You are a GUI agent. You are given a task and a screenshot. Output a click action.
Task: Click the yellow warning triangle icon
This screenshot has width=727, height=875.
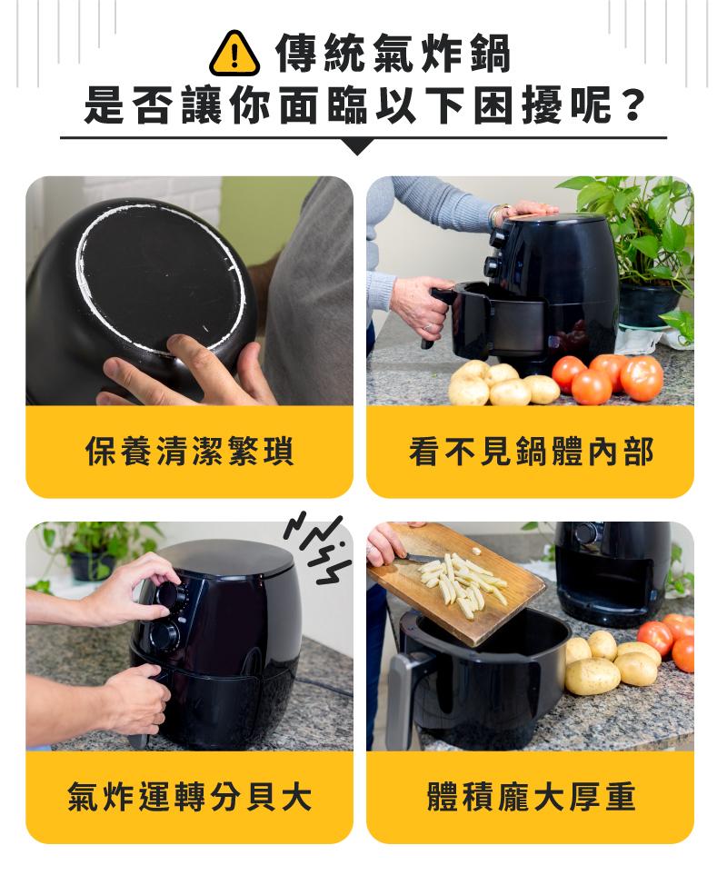click(x=234, y=55)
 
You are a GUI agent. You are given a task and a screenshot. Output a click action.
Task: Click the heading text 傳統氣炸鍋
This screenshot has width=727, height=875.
click(x=393, y=54)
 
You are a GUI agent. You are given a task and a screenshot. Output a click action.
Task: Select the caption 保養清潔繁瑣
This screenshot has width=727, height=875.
click(x=190, y=451)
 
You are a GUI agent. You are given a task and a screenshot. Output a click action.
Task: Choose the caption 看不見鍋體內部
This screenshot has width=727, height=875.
click(x=531, y=451)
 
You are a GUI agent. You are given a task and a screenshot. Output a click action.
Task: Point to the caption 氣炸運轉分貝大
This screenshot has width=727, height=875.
click(x=190, y=796)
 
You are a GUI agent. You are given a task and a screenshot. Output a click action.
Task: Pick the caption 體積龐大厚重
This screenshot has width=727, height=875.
click(x=531, y=796)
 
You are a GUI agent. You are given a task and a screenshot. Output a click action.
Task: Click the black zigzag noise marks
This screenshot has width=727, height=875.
click(x=317, y=548)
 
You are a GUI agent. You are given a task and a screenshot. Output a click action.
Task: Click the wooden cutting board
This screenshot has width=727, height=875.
click(x=456, y=581)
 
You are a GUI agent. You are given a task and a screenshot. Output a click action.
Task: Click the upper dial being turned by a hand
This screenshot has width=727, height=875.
click(x=172, y=593)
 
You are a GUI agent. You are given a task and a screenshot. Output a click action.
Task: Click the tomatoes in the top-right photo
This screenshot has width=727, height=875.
click(x=608, y=377)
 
